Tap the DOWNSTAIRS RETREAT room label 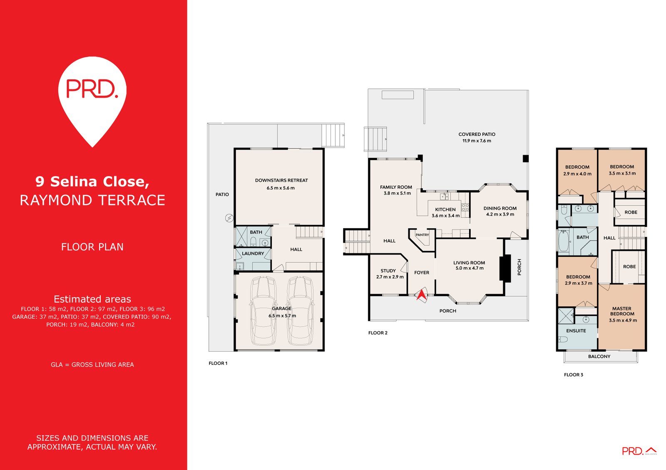[x=281, y=180]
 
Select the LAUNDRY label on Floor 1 [x=253, y=253]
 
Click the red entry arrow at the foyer [x=421, y=295]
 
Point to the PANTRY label [x=422, y=235]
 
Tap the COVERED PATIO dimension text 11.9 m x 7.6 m [x=477, y=141]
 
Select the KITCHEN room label [x=445, y=209]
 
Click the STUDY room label [x=388, y=271]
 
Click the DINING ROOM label [x=500, y=208]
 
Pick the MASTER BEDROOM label [x=622, y=311]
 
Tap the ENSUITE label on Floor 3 [x=576, y=331]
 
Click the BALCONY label [x=599, y=357]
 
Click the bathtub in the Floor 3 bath [x=563, y=241]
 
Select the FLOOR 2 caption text [x=378, y=333]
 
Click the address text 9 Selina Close [x=92, y=182]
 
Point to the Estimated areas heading [x=92, y=299]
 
